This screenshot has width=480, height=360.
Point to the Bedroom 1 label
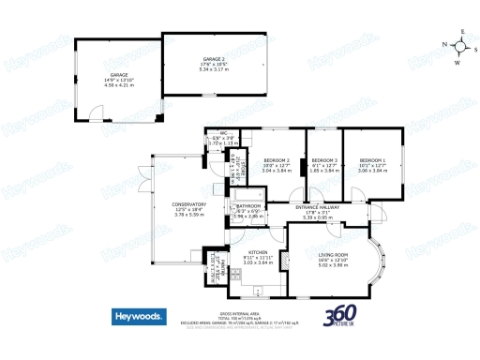click(372, 159)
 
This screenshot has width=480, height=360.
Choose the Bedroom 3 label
click(324, 159)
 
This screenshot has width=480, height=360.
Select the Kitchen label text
click(258, 253)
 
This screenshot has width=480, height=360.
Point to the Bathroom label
click(248, 206)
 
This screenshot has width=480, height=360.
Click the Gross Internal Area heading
click(239, 313)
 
